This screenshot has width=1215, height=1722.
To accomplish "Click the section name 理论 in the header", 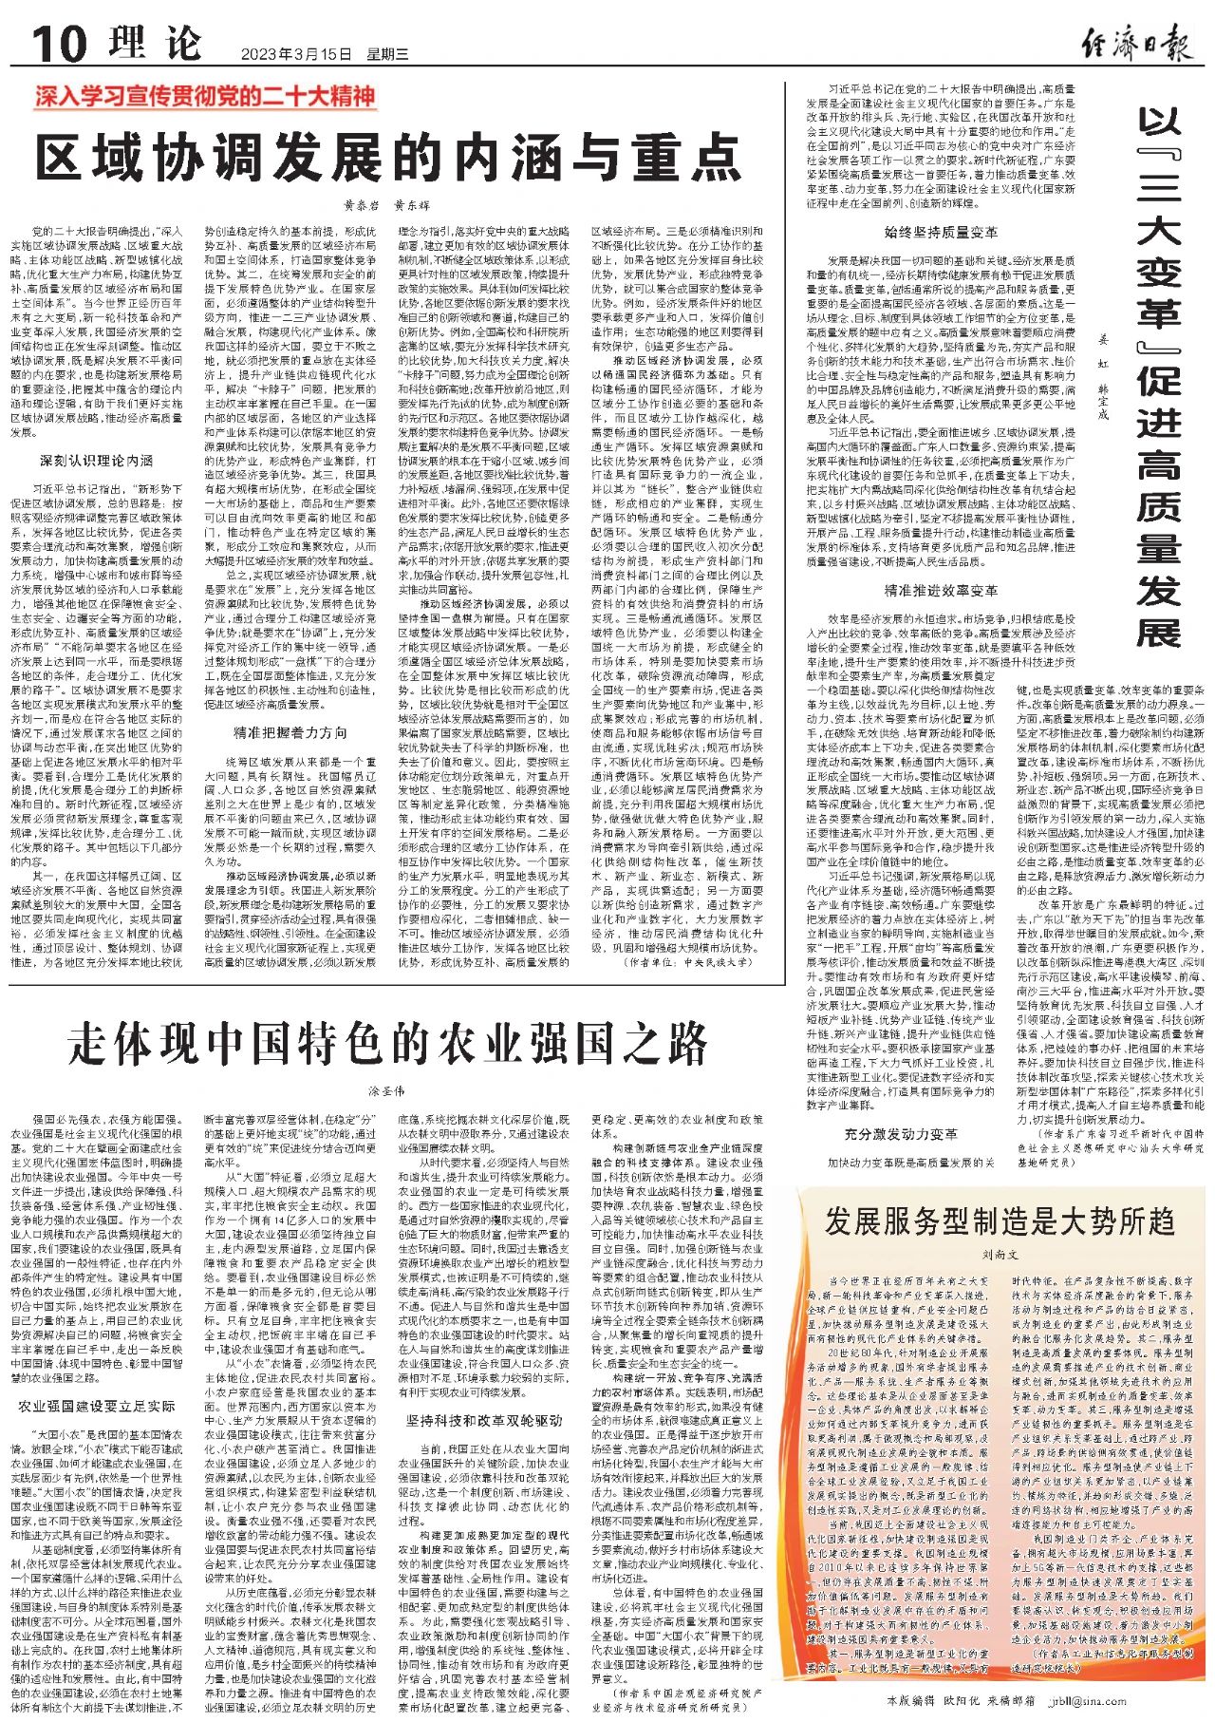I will [155, 44].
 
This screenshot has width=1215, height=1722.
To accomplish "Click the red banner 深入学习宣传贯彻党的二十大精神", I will [205, 96].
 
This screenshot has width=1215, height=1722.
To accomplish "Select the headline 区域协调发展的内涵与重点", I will [388, 157].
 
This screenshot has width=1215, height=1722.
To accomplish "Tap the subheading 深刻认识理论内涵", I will [96, 461].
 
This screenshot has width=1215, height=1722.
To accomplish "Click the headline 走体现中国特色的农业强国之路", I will [387, 1044].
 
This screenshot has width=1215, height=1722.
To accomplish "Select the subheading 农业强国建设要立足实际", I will [97, 1406].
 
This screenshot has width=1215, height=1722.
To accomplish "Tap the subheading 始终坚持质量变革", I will [941, 232].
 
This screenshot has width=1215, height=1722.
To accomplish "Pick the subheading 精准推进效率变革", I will [941, 590].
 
